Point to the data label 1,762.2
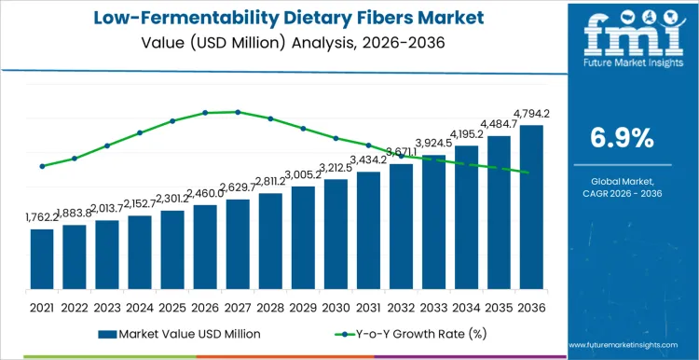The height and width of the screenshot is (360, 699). click(42, 217)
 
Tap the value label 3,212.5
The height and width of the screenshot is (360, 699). click(336, 167)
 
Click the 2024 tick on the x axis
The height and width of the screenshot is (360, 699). click(140, 306)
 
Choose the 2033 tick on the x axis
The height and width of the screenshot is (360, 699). click(433, 306)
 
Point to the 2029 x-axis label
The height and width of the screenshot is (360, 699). click(303, 306)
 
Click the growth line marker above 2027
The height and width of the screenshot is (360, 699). click(238, 112)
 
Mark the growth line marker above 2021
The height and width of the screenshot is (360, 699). click(42, 166)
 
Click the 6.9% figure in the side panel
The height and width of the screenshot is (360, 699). click(622, 138)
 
